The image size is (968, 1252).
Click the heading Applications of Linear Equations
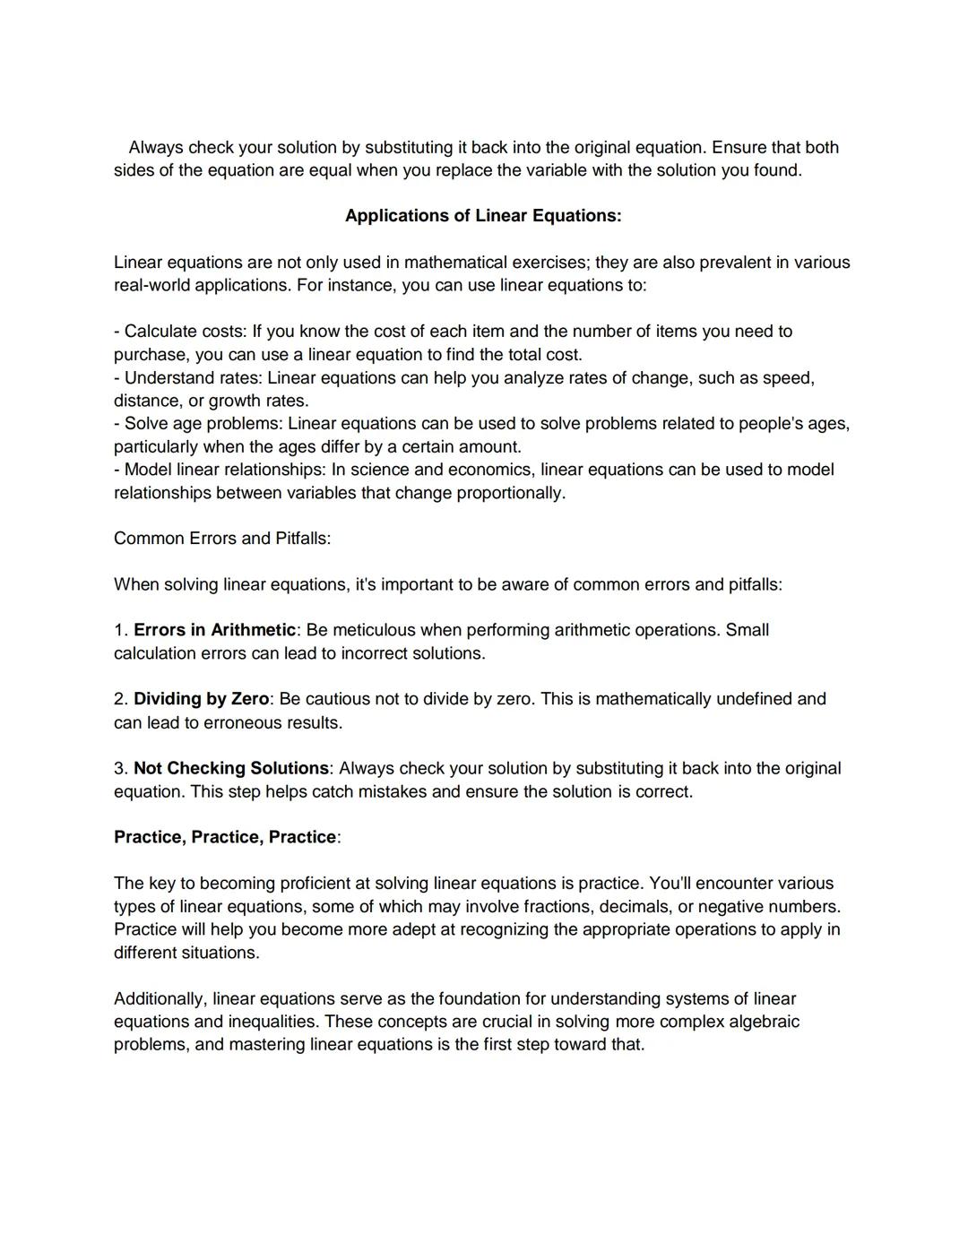[x=483, y=216]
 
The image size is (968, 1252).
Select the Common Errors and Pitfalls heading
[x=221, y=539]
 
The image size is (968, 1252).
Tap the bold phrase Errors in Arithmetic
[x=214, y=630]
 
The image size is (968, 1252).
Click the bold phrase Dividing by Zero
[x=201, y=699]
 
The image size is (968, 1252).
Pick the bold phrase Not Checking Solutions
[x=231, y=768]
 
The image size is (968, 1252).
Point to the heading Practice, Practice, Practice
[x=225, y=837]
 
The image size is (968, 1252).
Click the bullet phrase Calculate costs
[x=183, y=332]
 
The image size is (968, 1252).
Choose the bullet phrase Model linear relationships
[x=223, y=470]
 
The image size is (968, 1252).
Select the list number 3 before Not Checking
[x=119, y=768]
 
